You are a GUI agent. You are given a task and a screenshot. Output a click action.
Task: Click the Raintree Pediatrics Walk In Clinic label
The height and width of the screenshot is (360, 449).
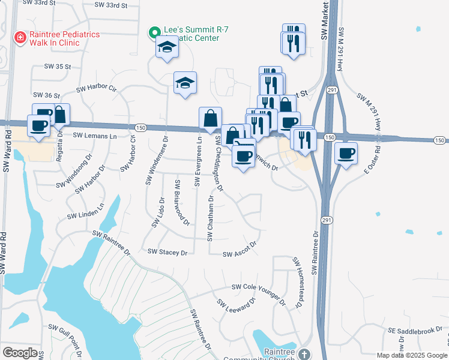pyautogui.click(x=58, y=39)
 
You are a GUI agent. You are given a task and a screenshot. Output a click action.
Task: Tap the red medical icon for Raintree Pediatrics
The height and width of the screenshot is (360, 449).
pyautogui.click(x=20, y=37)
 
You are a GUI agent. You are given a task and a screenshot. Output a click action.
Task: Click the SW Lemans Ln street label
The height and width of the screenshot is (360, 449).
pyautogui.click(x=95, y=136)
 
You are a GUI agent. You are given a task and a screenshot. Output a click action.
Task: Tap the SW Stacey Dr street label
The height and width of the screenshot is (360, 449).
pyautogui.click(x=167, y=252)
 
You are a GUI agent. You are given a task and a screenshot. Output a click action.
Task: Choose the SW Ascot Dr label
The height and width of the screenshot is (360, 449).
pyautogui.click(x=240, y=254)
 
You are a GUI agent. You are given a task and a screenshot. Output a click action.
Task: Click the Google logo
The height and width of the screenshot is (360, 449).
pyautogui.click(x=20, y=353)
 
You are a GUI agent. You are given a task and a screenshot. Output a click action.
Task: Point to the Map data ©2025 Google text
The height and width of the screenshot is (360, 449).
pyautogui.click(x=412, y=355)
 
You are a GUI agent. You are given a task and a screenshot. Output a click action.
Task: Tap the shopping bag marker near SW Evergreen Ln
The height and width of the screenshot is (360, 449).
pyautogui.click(x=211, y=119)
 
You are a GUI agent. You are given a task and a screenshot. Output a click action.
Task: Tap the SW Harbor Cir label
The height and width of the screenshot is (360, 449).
pyautogui.click(x=95, y=88)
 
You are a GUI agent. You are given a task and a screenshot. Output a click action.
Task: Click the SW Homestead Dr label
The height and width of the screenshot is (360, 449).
pyautogui.click(x=297, y=283)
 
